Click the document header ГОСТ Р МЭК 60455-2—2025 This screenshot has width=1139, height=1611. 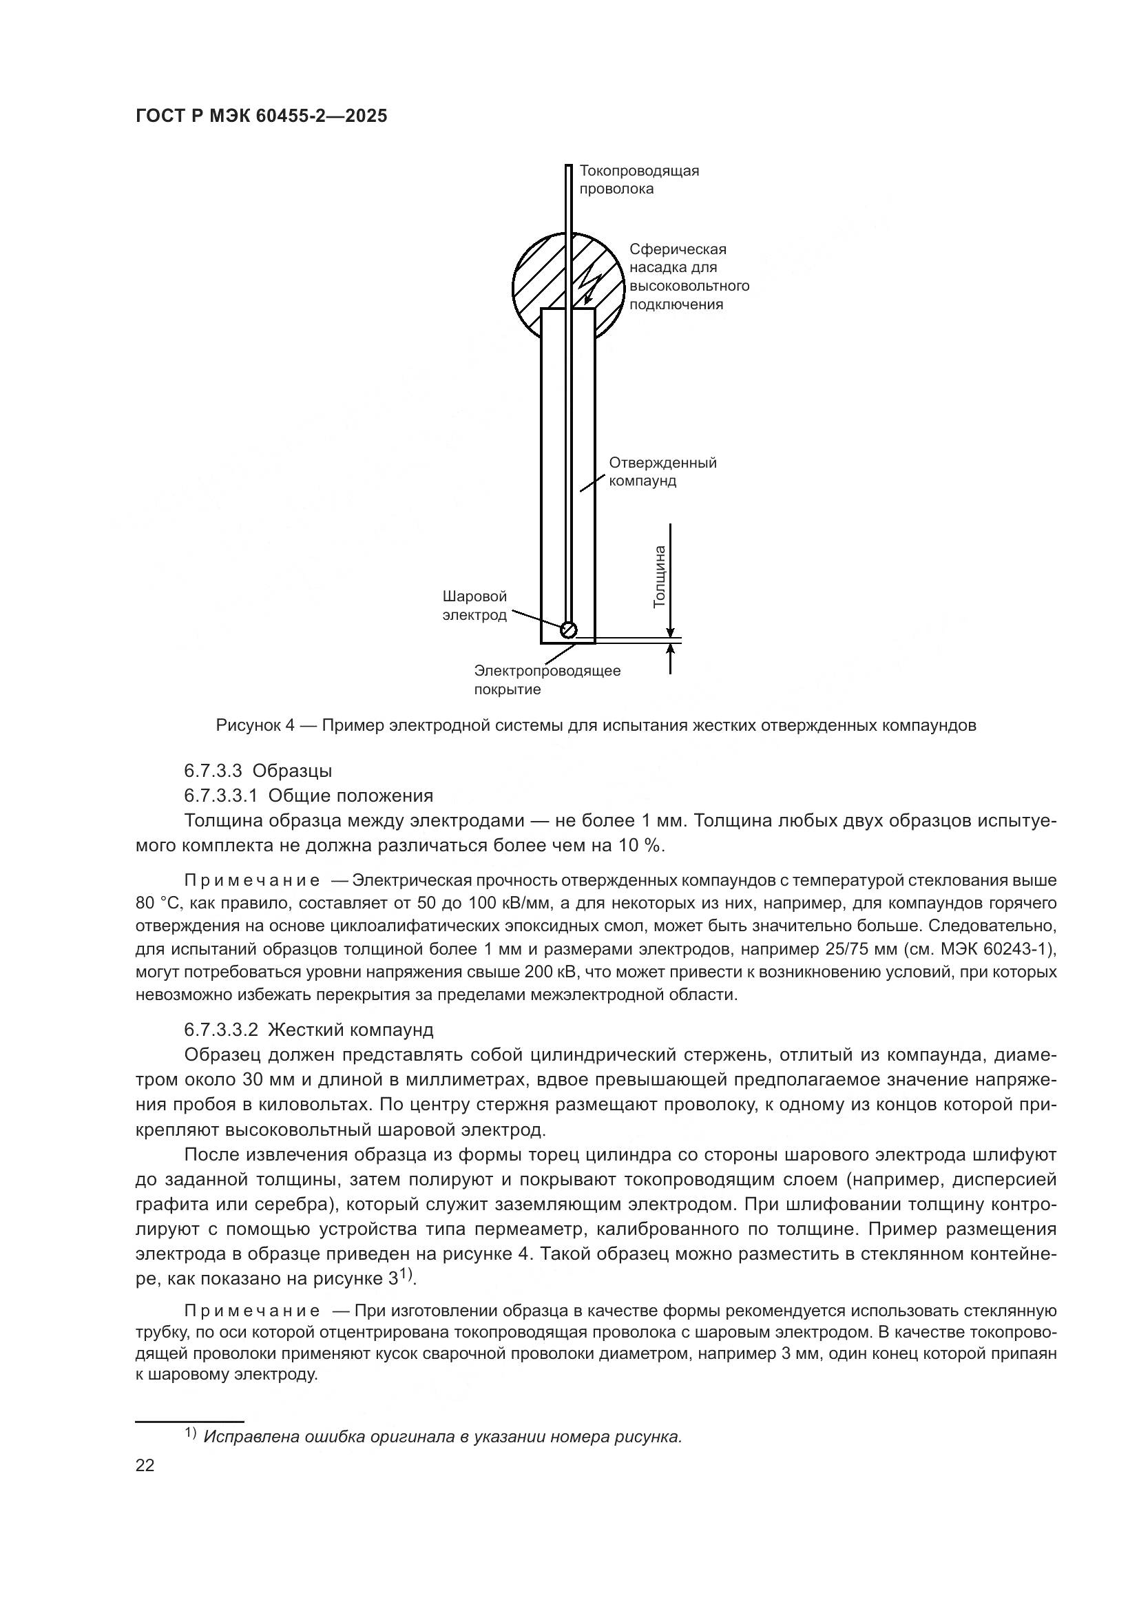coord(261,116)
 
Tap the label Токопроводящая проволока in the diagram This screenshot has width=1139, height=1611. coord(638,180)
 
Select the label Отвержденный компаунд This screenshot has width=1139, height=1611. coord(662,472)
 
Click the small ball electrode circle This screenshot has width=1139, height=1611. coord(569,630)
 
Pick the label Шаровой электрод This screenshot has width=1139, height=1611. coord(475,605)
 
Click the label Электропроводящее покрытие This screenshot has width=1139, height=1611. coord(547,679)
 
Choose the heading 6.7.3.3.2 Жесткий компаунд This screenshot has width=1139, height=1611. coord(309,1030)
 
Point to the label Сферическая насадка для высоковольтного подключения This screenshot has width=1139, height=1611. coord(689,276)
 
